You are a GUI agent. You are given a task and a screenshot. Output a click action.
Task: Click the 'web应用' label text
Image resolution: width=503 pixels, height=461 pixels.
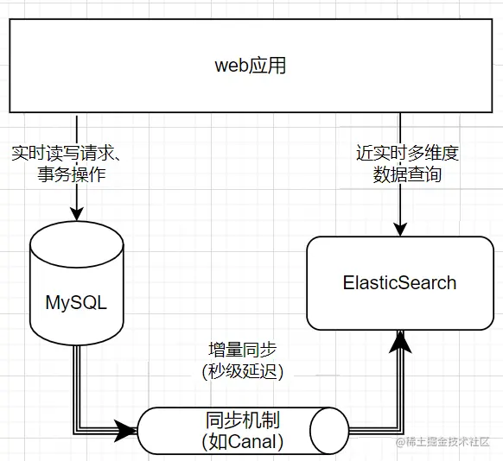tap(251, 66)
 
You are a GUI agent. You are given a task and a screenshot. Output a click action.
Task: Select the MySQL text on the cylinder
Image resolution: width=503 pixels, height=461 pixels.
tap(76, 302)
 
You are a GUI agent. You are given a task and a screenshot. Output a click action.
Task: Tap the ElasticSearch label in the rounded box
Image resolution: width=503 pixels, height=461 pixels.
tap(399, 283)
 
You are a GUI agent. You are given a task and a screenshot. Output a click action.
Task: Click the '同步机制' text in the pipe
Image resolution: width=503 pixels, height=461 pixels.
tap(243, 420)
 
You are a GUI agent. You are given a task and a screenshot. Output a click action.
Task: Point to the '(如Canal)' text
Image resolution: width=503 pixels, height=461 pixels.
tap(243, 441)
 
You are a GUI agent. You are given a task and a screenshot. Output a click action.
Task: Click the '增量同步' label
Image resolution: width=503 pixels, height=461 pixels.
tap(243, 350)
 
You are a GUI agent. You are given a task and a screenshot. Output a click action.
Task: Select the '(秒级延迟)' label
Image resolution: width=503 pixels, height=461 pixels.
tap(243, 371)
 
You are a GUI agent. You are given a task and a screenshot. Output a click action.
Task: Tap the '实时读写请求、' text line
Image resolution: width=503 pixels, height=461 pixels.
tap(67, 154)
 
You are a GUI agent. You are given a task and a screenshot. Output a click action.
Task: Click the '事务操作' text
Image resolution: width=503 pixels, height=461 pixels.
tap(72, 175)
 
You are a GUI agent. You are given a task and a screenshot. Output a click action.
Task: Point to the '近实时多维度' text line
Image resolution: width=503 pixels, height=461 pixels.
tap(407, 153)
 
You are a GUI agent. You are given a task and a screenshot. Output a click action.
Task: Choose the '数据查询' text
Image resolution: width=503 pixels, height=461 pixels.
tap(407, 175)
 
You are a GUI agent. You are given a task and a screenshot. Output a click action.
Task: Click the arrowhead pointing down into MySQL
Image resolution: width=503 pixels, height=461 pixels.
tap(77, 214)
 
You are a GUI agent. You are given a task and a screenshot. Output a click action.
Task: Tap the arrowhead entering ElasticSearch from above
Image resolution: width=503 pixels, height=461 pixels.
tap(400, 230)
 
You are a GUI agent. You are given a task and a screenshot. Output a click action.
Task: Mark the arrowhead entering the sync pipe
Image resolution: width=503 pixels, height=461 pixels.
tap(126, 431)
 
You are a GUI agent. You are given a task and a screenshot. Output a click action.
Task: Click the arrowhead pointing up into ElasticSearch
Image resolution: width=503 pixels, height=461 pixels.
tap(400, 342)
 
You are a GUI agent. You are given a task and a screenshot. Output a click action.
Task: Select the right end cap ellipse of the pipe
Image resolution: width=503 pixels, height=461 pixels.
tap(329, 431)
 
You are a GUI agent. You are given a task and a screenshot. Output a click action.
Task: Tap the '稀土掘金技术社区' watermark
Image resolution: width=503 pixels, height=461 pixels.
tap(443, 442)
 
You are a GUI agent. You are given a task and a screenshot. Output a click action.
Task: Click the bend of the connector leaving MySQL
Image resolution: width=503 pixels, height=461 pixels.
tap(77, 431)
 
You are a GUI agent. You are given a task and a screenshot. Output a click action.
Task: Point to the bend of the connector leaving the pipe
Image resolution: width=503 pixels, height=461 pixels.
tap(400, 431)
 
